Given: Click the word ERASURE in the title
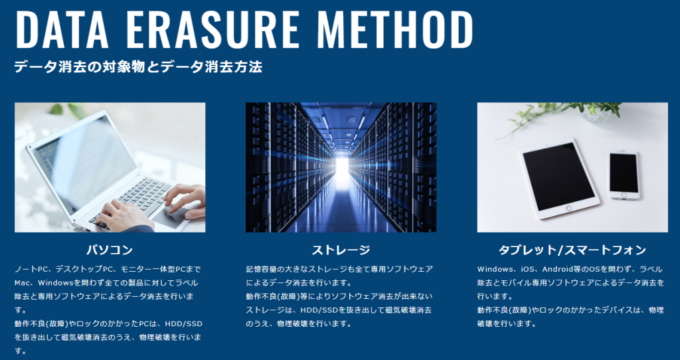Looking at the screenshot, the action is point(211,29).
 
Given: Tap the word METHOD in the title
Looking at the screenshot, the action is point(395,29).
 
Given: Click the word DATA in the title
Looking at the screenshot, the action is point(62,29).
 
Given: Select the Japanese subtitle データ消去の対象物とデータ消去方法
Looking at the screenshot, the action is point(138,67).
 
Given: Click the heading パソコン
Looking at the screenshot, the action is point(110,250).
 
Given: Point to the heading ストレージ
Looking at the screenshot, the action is point(341,250).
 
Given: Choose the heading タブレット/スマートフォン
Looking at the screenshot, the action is point(572,250).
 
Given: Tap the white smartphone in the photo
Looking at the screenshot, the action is point(624,175).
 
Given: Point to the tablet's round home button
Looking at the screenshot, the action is point(569,208).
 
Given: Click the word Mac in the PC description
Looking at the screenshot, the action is point(21,283).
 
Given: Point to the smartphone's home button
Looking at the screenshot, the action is point(624,195).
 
